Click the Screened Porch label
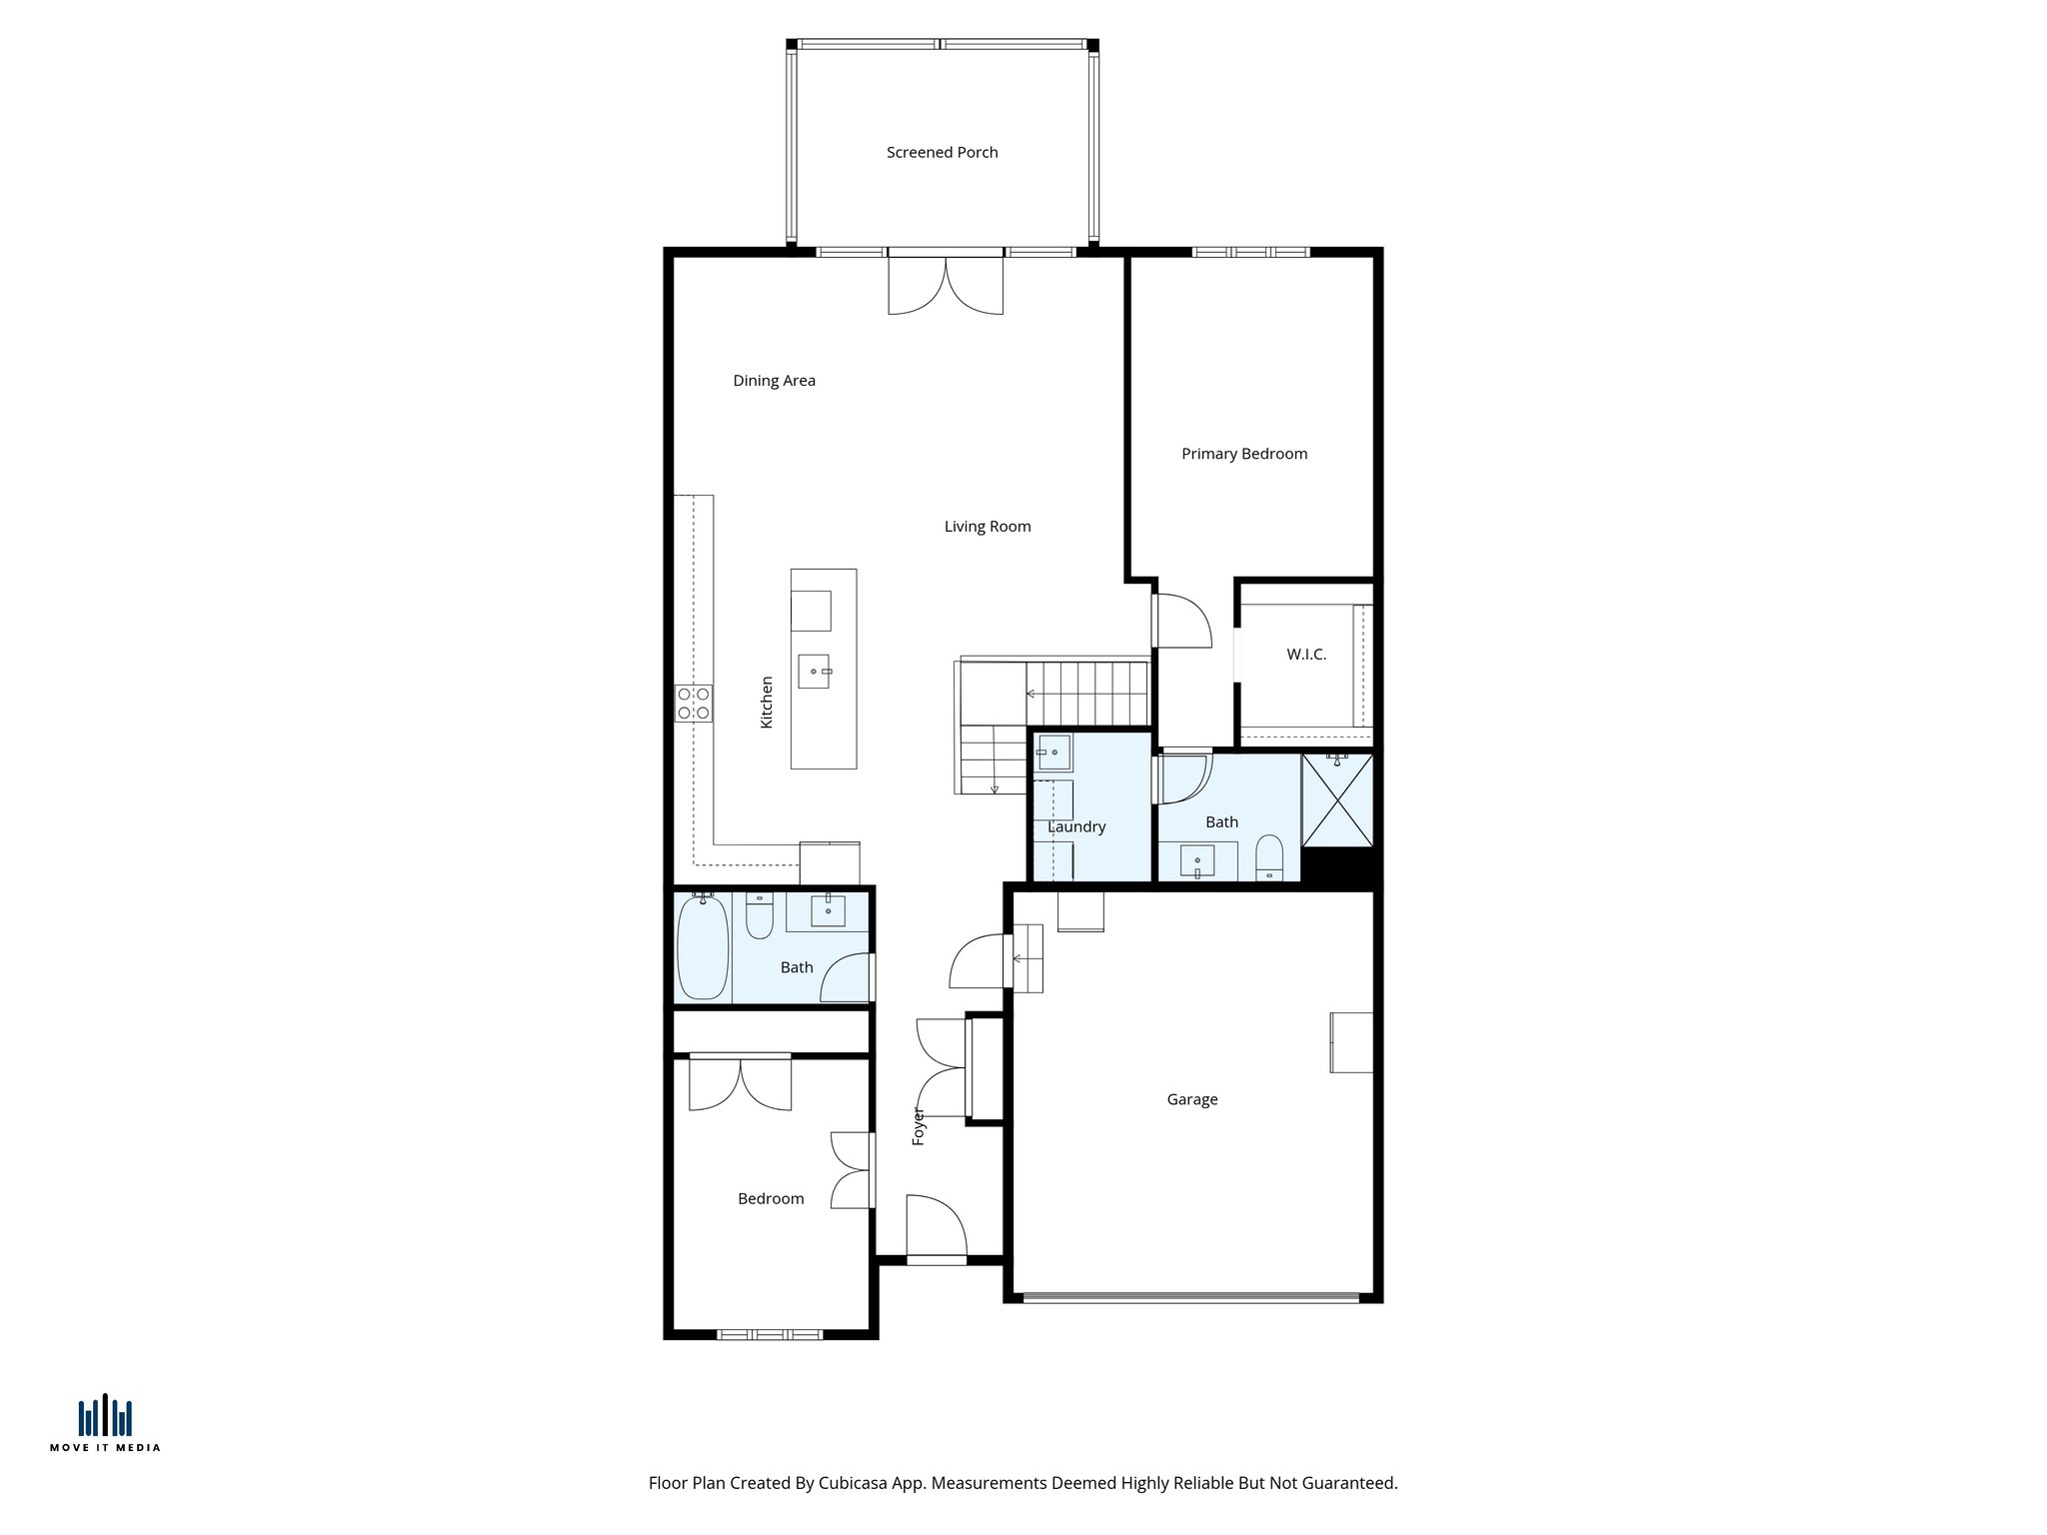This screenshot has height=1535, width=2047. pos(942,152)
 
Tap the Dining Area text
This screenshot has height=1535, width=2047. pos(774,380)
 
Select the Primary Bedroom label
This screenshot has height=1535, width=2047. pos(1243,454)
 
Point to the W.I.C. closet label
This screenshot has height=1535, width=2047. pos(1305,655)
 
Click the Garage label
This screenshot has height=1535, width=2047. pos(1191,1099)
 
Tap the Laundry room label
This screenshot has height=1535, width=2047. pos(1075,826)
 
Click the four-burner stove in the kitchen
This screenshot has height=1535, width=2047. pos(693,703)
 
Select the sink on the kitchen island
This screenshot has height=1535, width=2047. pos(814,671)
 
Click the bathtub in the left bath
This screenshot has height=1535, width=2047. pos(702,946)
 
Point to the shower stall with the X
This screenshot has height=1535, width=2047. pos(1337,800)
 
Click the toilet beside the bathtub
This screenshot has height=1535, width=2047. pos(760,916)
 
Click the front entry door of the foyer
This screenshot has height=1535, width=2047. pos(936,1227)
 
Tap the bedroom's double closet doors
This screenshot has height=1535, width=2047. pos(740,1083)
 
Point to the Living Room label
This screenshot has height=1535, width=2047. pos(987,527)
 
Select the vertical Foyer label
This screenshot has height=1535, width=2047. pos(919,1126)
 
